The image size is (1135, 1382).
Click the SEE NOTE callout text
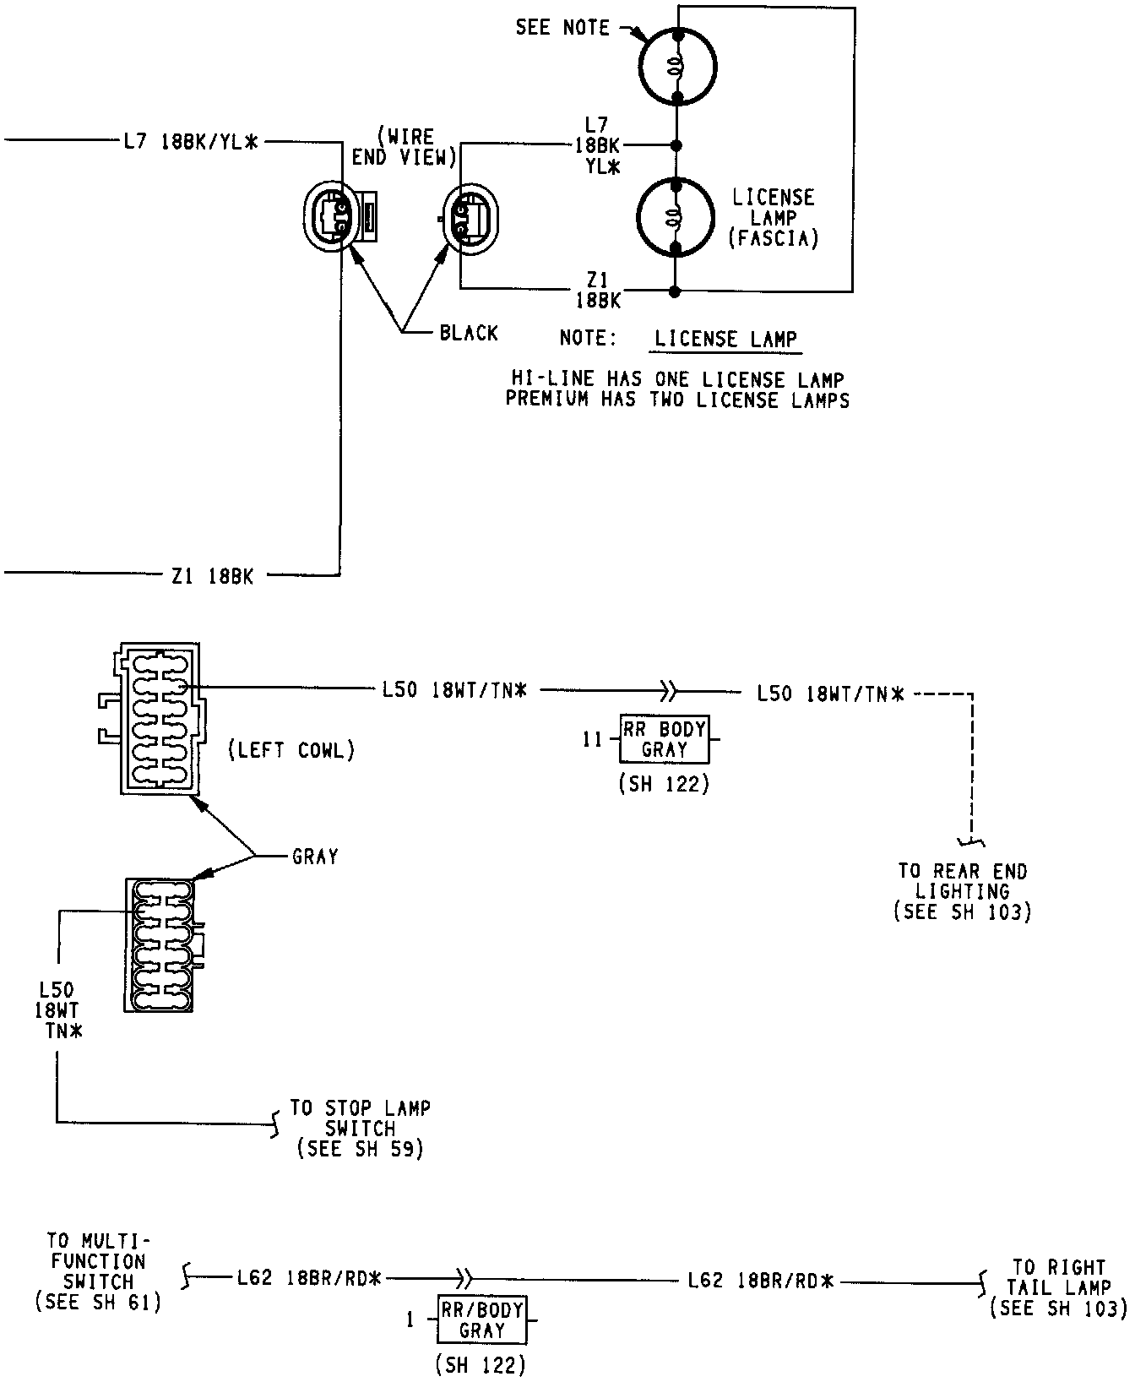click(562, 28)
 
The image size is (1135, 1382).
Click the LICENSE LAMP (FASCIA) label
click(773, 218)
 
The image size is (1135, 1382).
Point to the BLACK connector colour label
click(469, 333)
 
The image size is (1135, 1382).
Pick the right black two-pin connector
click(470, 216)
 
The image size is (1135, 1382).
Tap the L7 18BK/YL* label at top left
click(189, 143)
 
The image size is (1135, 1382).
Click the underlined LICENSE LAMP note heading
click(726, 340)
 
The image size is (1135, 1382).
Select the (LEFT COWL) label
click(291, 750)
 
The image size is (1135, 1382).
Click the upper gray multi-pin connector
click(150, 719)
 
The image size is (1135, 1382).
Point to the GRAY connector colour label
click(315, 857)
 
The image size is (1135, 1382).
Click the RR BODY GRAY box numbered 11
click(664, 739)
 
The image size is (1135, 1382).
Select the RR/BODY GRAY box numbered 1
click(482, 1319)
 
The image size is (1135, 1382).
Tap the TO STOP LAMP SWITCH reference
click(361, 1128)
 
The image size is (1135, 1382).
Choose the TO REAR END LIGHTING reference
click(963, 891)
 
